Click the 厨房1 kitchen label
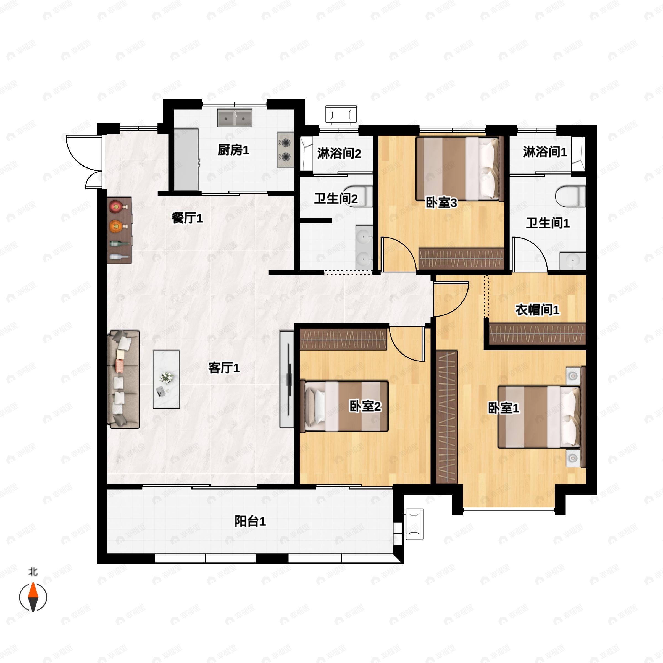pos(233,150)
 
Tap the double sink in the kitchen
pos(234,118)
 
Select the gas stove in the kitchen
pos(286,150)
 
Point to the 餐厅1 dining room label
pos(187,218)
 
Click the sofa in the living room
pos(124,379)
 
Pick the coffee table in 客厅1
pos(166,379)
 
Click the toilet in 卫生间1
pos(570,196)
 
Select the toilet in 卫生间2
pos(359,196)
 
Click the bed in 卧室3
pos(457,169)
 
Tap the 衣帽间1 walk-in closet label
pos(537,310)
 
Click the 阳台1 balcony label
pos(250,522)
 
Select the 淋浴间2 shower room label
pos(339,153)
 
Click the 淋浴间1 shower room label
pos(545,152)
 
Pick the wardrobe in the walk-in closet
pos(537,333)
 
